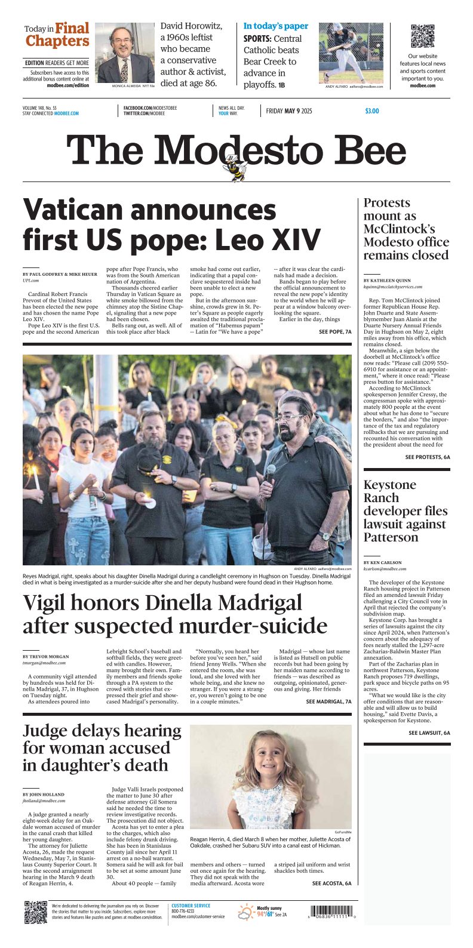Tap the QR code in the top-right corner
(422, 36)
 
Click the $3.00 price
(371, 111)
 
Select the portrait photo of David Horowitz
(125, 53)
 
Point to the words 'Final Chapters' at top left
(58, 35)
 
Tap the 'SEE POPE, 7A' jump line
(335, 331)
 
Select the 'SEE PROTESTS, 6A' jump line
(428, 457)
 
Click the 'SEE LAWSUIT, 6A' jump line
(429, 732)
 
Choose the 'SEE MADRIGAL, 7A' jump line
(328, 701)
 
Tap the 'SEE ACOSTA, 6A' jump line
(331, 884)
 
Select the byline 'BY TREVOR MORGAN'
(47, 656)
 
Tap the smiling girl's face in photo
(270, 764)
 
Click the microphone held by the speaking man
(270, 473)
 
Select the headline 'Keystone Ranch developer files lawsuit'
(406, 511)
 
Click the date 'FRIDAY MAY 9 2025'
(289, 111)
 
